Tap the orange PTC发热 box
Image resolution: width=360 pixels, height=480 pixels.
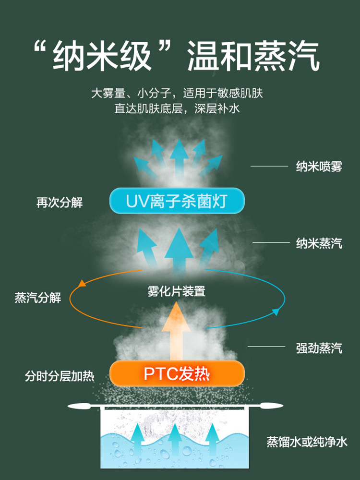[177, 373]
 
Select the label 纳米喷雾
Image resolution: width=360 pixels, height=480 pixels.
[319, 167]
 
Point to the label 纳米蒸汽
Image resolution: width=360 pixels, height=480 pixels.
[319, 243]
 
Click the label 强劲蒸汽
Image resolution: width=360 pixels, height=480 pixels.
[319, 348]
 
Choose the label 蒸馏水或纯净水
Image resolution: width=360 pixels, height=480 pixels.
[307, 442]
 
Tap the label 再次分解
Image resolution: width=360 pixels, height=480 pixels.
[60, 203]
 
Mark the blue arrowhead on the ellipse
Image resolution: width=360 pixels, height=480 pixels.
[276, 312]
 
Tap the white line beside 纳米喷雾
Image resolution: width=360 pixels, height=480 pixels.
[269, 167]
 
